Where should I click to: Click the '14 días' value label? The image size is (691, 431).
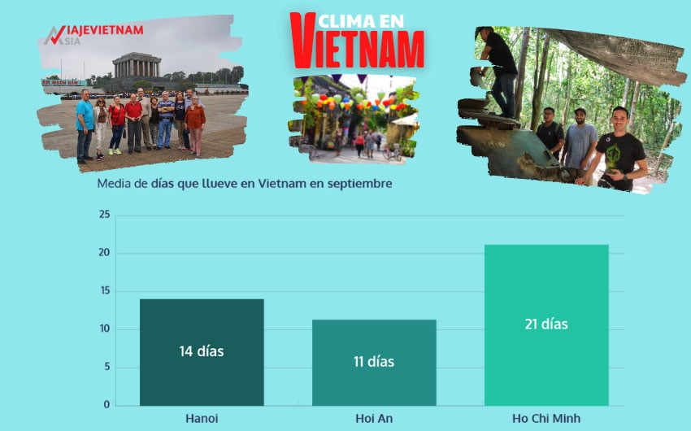coord(202,351)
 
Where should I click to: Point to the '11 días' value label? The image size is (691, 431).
coord(374,361)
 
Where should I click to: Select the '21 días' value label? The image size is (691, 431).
coord(546,324)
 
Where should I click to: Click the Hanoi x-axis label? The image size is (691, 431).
coord(202,418)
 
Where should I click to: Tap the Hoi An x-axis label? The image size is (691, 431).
coord(374,418)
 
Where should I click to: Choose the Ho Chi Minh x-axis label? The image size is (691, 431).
coord(546,418)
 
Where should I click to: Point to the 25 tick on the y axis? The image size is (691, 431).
coord(103,215)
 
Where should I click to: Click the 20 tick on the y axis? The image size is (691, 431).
coord(103,253)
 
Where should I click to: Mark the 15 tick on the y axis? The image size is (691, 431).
coord(103,291)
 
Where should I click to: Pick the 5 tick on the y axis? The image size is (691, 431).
coord(106,367)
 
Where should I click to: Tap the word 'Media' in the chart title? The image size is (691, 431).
coord(113,184)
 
